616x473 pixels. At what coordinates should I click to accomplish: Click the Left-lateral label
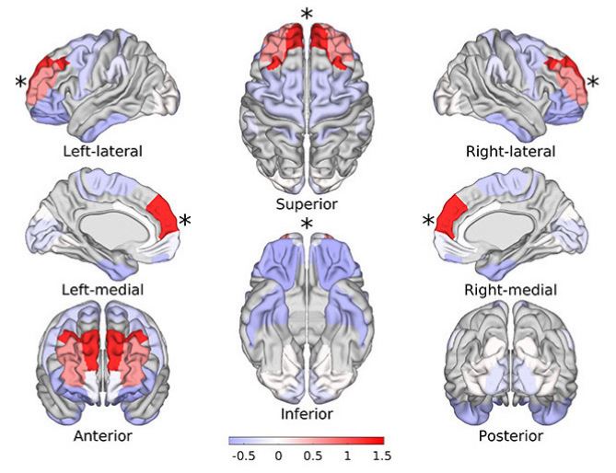[x=102, y=151]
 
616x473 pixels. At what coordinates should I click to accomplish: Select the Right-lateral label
[x=510, y=151]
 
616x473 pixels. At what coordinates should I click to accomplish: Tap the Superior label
[x=307, y=204]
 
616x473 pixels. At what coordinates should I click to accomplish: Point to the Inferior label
[x=307, y=414]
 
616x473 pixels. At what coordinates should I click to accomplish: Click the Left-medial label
[x=102, y=290]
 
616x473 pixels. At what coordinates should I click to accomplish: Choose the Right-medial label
[x=510, y=290]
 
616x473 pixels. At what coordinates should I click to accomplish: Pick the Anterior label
[x=102, y=435]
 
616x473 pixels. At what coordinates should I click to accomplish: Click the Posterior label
[x=511, y=435]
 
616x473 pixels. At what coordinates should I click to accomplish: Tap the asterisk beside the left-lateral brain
[x=20, y=82]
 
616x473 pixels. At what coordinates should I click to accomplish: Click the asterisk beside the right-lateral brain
[x=593, y=82]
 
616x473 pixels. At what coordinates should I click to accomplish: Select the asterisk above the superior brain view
[x=307, y=14]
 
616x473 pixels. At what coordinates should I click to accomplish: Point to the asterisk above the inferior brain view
[x=307, y=225]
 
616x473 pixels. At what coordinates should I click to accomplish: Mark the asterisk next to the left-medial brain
[x=185, y=220]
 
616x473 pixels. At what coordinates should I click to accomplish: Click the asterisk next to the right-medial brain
[x=428, y=221]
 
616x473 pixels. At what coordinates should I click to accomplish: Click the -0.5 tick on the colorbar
[x=244, y=456]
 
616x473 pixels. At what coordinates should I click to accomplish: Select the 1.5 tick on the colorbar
[x=382, y=456]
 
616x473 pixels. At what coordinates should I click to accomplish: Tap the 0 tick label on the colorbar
[x=278, y=456]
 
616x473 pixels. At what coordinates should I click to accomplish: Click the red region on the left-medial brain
[x=163, y=217]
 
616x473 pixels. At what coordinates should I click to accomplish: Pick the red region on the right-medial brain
[x=450, y=217]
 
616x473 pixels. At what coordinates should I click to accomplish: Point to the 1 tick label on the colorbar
[x=347, y=456]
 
